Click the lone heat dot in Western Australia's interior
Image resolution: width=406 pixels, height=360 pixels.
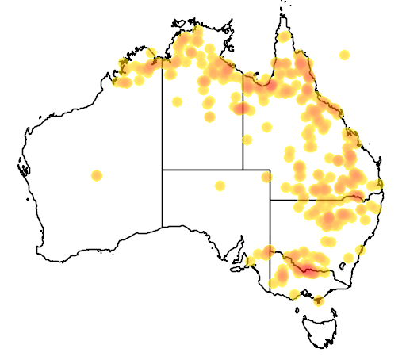(x=97, y=175)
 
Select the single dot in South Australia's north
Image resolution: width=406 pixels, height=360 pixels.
(x=220, y=186)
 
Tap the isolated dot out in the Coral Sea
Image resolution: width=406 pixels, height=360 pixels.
(x=344, y=55)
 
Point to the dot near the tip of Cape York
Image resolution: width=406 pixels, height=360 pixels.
(x=284, y=36)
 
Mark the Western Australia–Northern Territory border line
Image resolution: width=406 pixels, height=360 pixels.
(x=163, y=119)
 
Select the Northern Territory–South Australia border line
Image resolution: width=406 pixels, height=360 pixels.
(x=202, y=170)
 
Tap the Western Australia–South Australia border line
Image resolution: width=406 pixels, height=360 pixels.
(x=163, y=198)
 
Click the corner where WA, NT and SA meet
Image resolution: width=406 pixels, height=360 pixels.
(x=163, y=170)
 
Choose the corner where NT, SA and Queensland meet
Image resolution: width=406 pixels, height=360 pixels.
(x=243, y=170)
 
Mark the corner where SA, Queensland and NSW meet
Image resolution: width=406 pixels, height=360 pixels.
(x=270, y=200)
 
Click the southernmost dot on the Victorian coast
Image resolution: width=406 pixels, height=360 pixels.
(x=319, y=301)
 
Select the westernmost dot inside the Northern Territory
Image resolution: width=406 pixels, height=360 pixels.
(x=170, y=73)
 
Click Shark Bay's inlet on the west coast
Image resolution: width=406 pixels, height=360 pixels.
(x=24, y=168)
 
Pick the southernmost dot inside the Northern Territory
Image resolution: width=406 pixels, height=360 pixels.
(x=210, y=117)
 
